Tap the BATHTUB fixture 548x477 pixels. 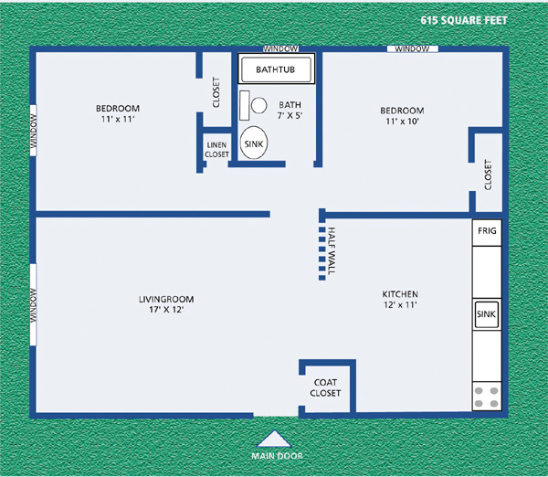276,69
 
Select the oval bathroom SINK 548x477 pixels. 255,143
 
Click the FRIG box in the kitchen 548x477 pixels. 486,232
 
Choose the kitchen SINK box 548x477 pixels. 486,314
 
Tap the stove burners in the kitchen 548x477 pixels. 486,397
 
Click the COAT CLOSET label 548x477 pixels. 327,387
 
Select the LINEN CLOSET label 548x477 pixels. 216,150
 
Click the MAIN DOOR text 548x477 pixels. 277,455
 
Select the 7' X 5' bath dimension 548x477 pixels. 290,116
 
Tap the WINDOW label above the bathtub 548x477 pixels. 278,48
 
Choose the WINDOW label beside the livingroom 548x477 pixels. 34,304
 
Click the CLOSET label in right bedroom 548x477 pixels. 488,175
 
